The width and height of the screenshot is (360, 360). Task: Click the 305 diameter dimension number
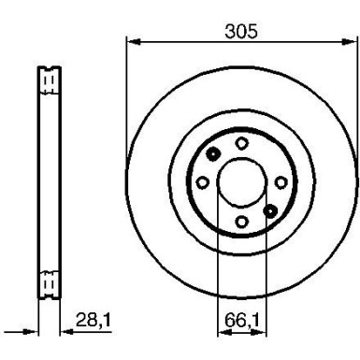(x=241, y=29)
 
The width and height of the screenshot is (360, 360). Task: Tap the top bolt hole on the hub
(x=241, y=142)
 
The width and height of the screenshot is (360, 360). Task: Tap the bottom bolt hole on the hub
(x=241, y=221)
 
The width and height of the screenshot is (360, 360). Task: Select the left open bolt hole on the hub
(x=202, y=181)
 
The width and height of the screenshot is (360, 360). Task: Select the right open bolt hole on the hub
(x=281, y=181)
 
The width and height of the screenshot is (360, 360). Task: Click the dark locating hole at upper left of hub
(x=213, y=154)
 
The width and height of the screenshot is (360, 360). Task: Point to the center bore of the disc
(x=241, y=181)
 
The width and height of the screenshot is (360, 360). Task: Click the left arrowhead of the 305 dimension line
(x=131, y=41)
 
